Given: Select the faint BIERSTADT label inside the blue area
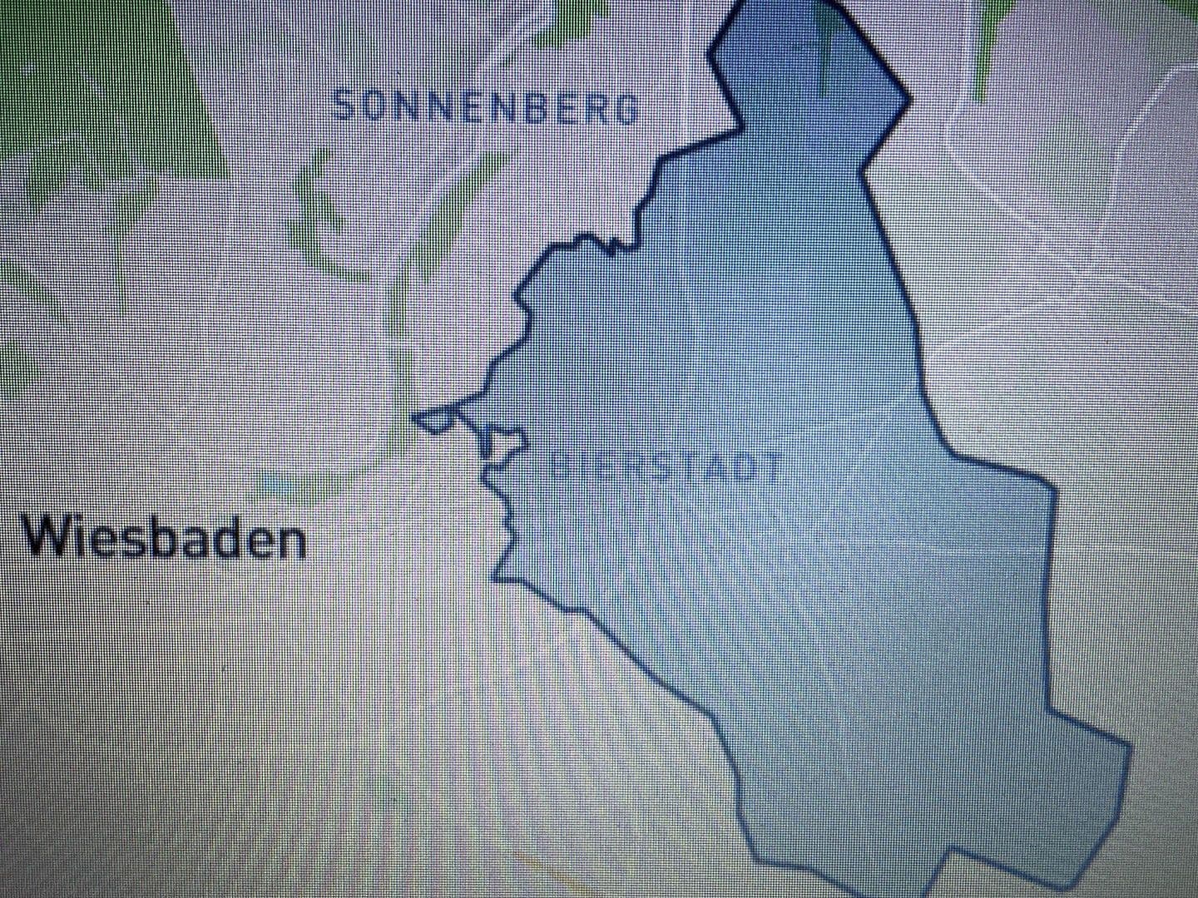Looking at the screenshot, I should (666, 467).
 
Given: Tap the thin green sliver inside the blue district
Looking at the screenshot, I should (827, 50).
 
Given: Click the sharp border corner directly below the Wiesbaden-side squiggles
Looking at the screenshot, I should (499, 575).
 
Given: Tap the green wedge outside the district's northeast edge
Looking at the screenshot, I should (990, 42).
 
